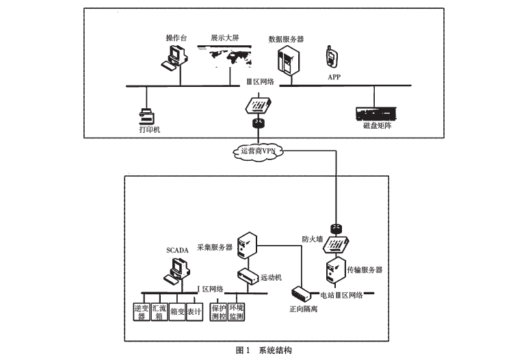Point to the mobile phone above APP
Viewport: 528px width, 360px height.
(331, 56)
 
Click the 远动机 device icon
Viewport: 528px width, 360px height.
(246, 277)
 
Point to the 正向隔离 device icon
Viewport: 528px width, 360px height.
(302, 292)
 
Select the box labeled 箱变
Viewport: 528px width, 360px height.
(176, 311)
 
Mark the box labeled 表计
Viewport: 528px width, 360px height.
(194, 311)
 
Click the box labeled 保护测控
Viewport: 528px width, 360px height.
(218, 311)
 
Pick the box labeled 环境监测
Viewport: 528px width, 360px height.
(236, 311)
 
